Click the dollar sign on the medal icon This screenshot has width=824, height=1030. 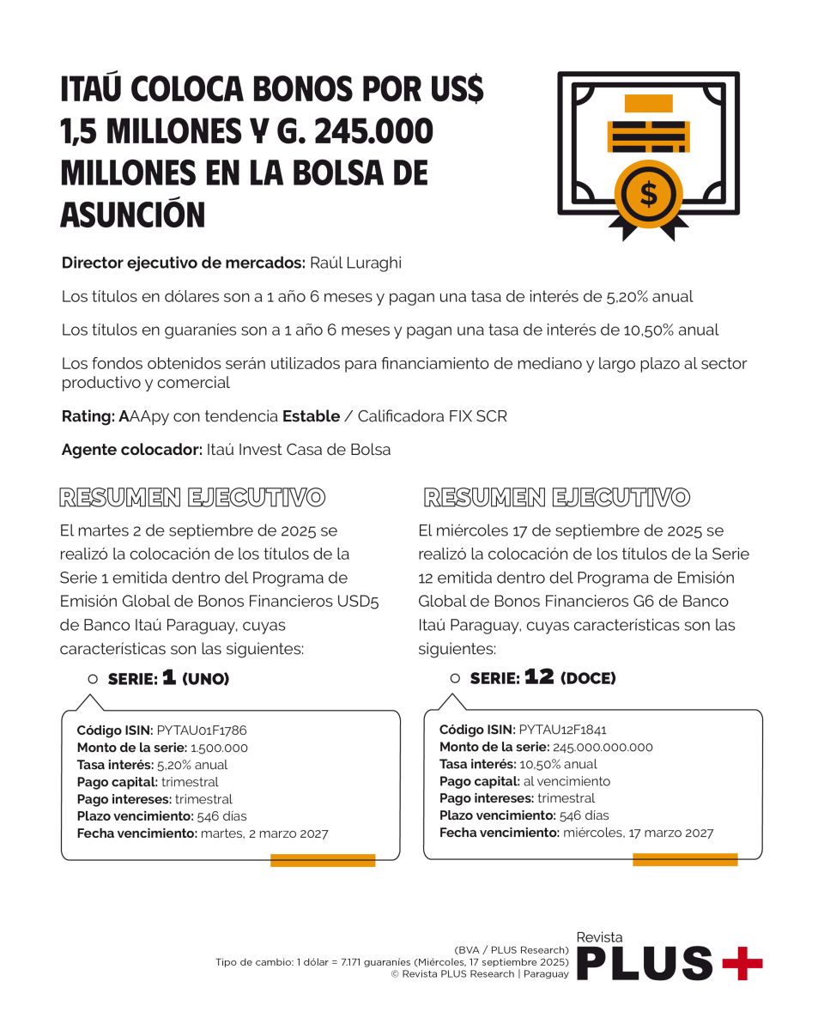649,195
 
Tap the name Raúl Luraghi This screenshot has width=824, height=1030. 354,264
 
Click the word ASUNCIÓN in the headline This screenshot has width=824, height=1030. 133,215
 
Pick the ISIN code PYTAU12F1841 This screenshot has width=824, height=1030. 563,730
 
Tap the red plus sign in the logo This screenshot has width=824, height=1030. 742,963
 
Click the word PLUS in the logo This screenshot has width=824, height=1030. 644,963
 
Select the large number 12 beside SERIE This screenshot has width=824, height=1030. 539,677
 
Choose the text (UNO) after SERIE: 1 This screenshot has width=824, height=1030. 206,679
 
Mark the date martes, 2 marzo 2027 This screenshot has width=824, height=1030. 264,833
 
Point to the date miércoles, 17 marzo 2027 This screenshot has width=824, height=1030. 638,833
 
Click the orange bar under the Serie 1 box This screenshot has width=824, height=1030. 323,860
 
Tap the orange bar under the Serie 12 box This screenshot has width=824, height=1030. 685,860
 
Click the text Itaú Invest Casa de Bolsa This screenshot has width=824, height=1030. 299,450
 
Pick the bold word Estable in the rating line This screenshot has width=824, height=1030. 311,417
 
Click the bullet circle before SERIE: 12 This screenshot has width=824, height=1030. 455,679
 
